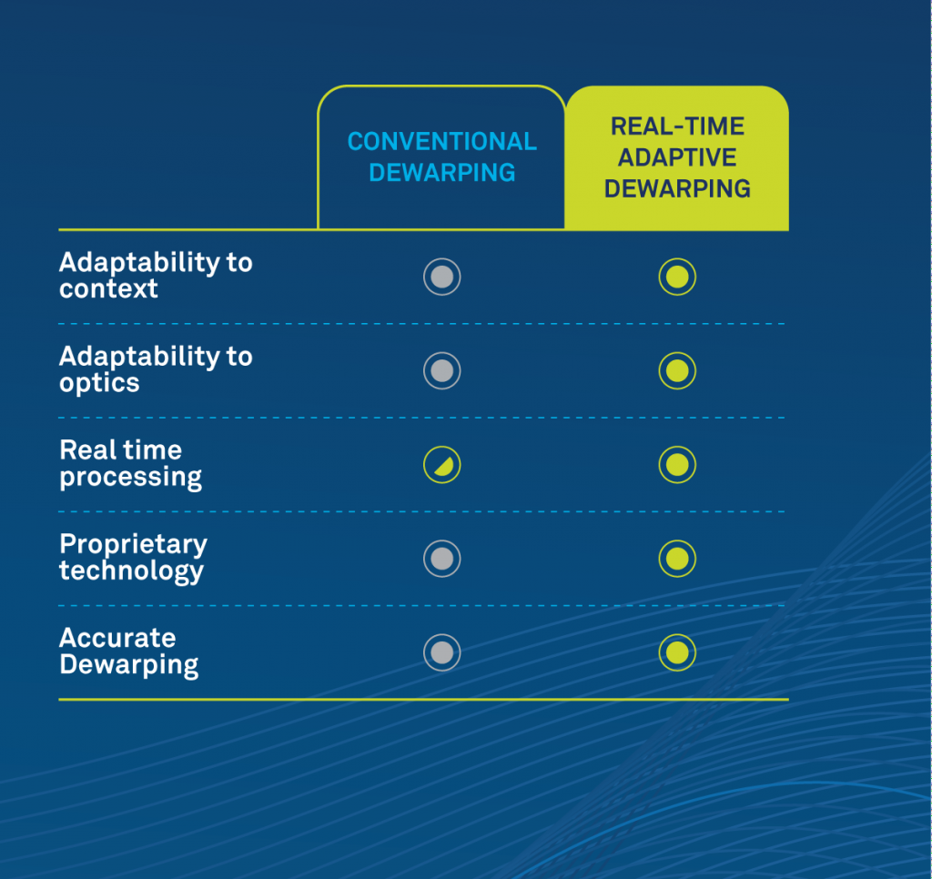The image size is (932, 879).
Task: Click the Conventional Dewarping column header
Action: point(441,157)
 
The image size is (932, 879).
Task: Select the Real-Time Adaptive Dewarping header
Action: point(677,157)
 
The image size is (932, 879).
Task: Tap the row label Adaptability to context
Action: point(156,275)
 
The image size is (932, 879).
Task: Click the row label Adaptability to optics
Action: point(156,369)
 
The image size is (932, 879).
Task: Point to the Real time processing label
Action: point(131,463)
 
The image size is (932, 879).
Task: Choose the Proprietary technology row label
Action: point(133,558)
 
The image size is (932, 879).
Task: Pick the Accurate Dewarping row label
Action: point(129,652)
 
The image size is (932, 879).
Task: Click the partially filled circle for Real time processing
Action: point(441,465)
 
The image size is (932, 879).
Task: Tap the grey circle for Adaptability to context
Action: point(441,277)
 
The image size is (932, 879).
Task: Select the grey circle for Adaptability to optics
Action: point(441,371)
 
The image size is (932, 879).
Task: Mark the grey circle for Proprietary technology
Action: point(441,559)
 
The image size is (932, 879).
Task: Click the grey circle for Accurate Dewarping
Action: point(441,652)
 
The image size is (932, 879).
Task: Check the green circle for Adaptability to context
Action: point(677,277)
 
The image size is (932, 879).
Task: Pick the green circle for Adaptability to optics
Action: point(677,371)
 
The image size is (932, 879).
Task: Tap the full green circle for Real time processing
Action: point(677,465)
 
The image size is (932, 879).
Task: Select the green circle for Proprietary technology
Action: point(677,559)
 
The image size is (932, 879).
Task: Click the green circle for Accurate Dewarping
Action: point(677,652)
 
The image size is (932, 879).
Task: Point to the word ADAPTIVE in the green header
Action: point(677,157)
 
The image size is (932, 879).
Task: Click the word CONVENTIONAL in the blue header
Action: point(441,141)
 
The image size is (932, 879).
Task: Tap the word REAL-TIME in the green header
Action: point(677,126)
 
